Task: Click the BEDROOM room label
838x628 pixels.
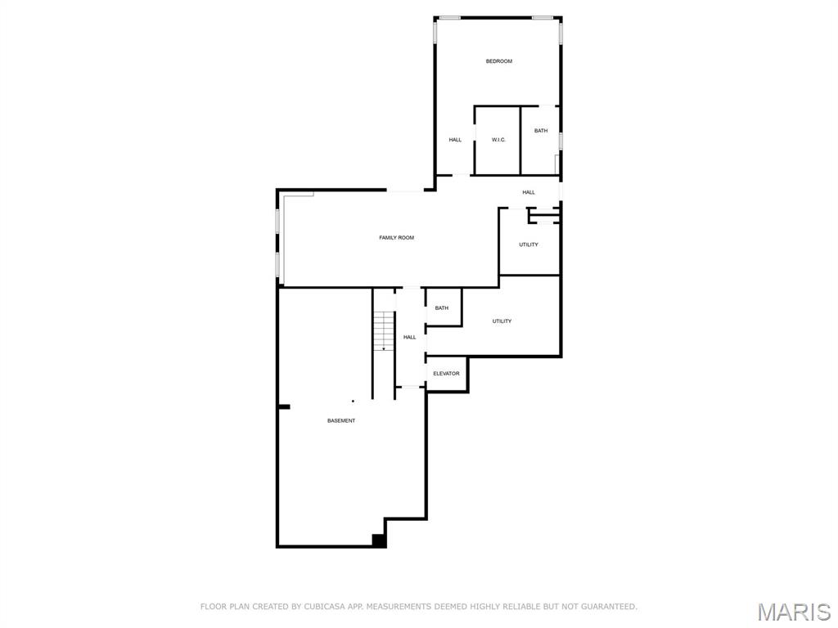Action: click(498, 61)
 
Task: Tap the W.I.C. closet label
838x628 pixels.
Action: click(498, 140)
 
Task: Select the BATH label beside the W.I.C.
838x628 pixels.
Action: click(541, 131)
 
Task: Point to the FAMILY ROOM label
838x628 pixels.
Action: click(396, 238)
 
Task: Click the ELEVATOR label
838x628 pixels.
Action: click(446, 374)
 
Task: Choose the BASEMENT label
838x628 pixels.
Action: click(341, 420)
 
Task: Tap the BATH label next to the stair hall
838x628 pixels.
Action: click(442, 308)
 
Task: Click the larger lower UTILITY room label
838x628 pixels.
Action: click(502, 321)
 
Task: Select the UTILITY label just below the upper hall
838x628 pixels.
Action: click(529, 244)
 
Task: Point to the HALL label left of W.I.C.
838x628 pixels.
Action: click(455, 140)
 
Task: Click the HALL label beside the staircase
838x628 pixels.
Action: click(409, 337)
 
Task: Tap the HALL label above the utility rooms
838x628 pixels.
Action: click(529, 192)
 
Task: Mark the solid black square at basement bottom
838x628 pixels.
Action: click(379, 540)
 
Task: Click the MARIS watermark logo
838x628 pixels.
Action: click(794, 612)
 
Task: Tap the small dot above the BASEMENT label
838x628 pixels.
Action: click(353, 401)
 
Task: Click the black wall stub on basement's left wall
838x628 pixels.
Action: click(284, 406)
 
